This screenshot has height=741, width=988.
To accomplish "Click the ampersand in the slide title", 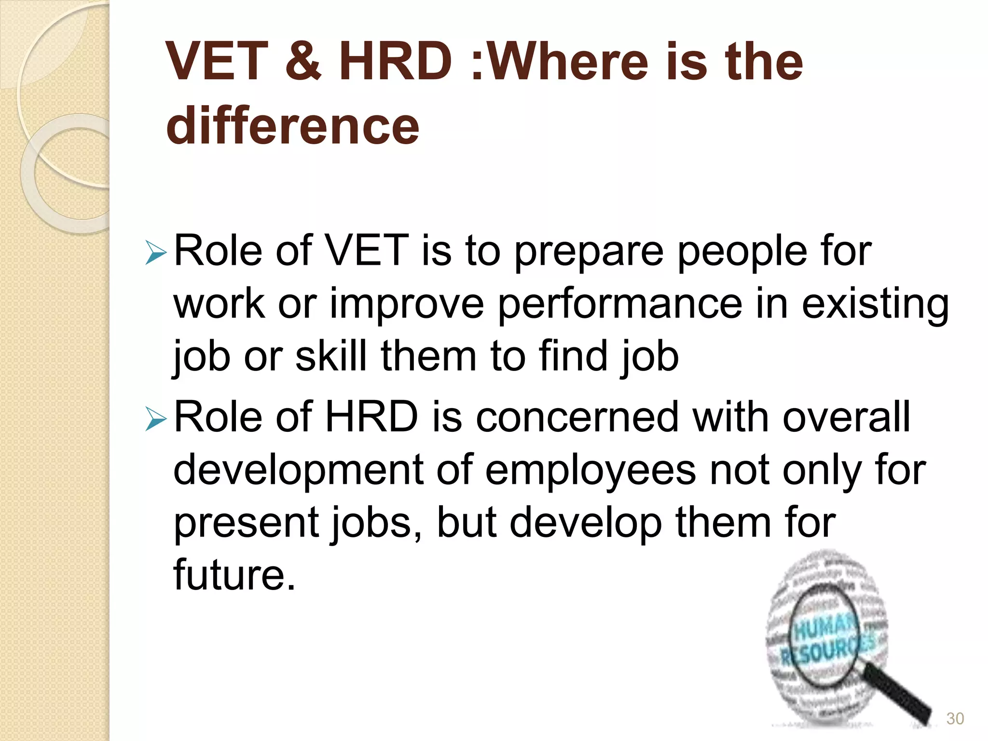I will (x=303, y=61).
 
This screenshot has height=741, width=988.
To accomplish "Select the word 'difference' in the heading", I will (x=292, y=125).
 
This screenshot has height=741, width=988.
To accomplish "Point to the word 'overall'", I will (x=846, y=417).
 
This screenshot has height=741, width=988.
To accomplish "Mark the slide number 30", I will (x=955, y=718).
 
